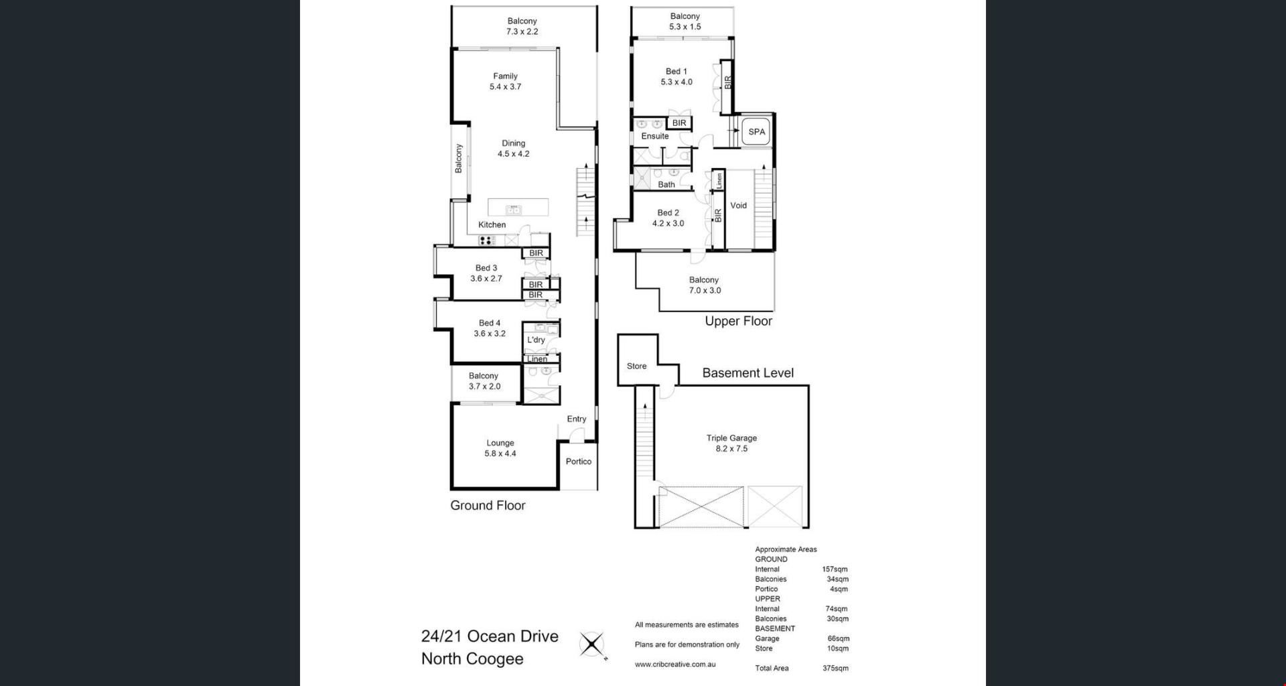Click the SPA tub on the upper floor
coord(756,132)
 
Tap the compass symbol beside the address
coord(592,646)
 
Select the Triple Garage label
coord(731,438)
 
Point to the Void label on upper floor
coord(738,206)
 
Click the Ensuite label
coord(655,136)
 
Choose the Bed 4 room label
coord(490,323)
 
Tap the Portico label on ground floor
coord(579,462)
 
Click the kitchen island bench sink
coord(513,210)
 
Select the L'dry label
coord(536,340)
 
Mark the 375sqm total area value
coord(835,668)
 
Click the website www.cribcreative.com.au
coord(675,665)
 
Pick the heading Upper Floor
coord(738,322)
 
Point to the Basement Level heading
coord(747,373)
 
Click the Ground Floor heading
coord(488,506)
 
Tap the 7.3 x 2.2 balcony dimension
coord(522,31)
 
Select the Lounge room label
coord(500,443)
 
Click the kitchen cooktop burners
coord(487,240)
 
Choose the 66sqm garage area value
coord(838,638)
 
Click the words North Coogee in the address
coord(472,659)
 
